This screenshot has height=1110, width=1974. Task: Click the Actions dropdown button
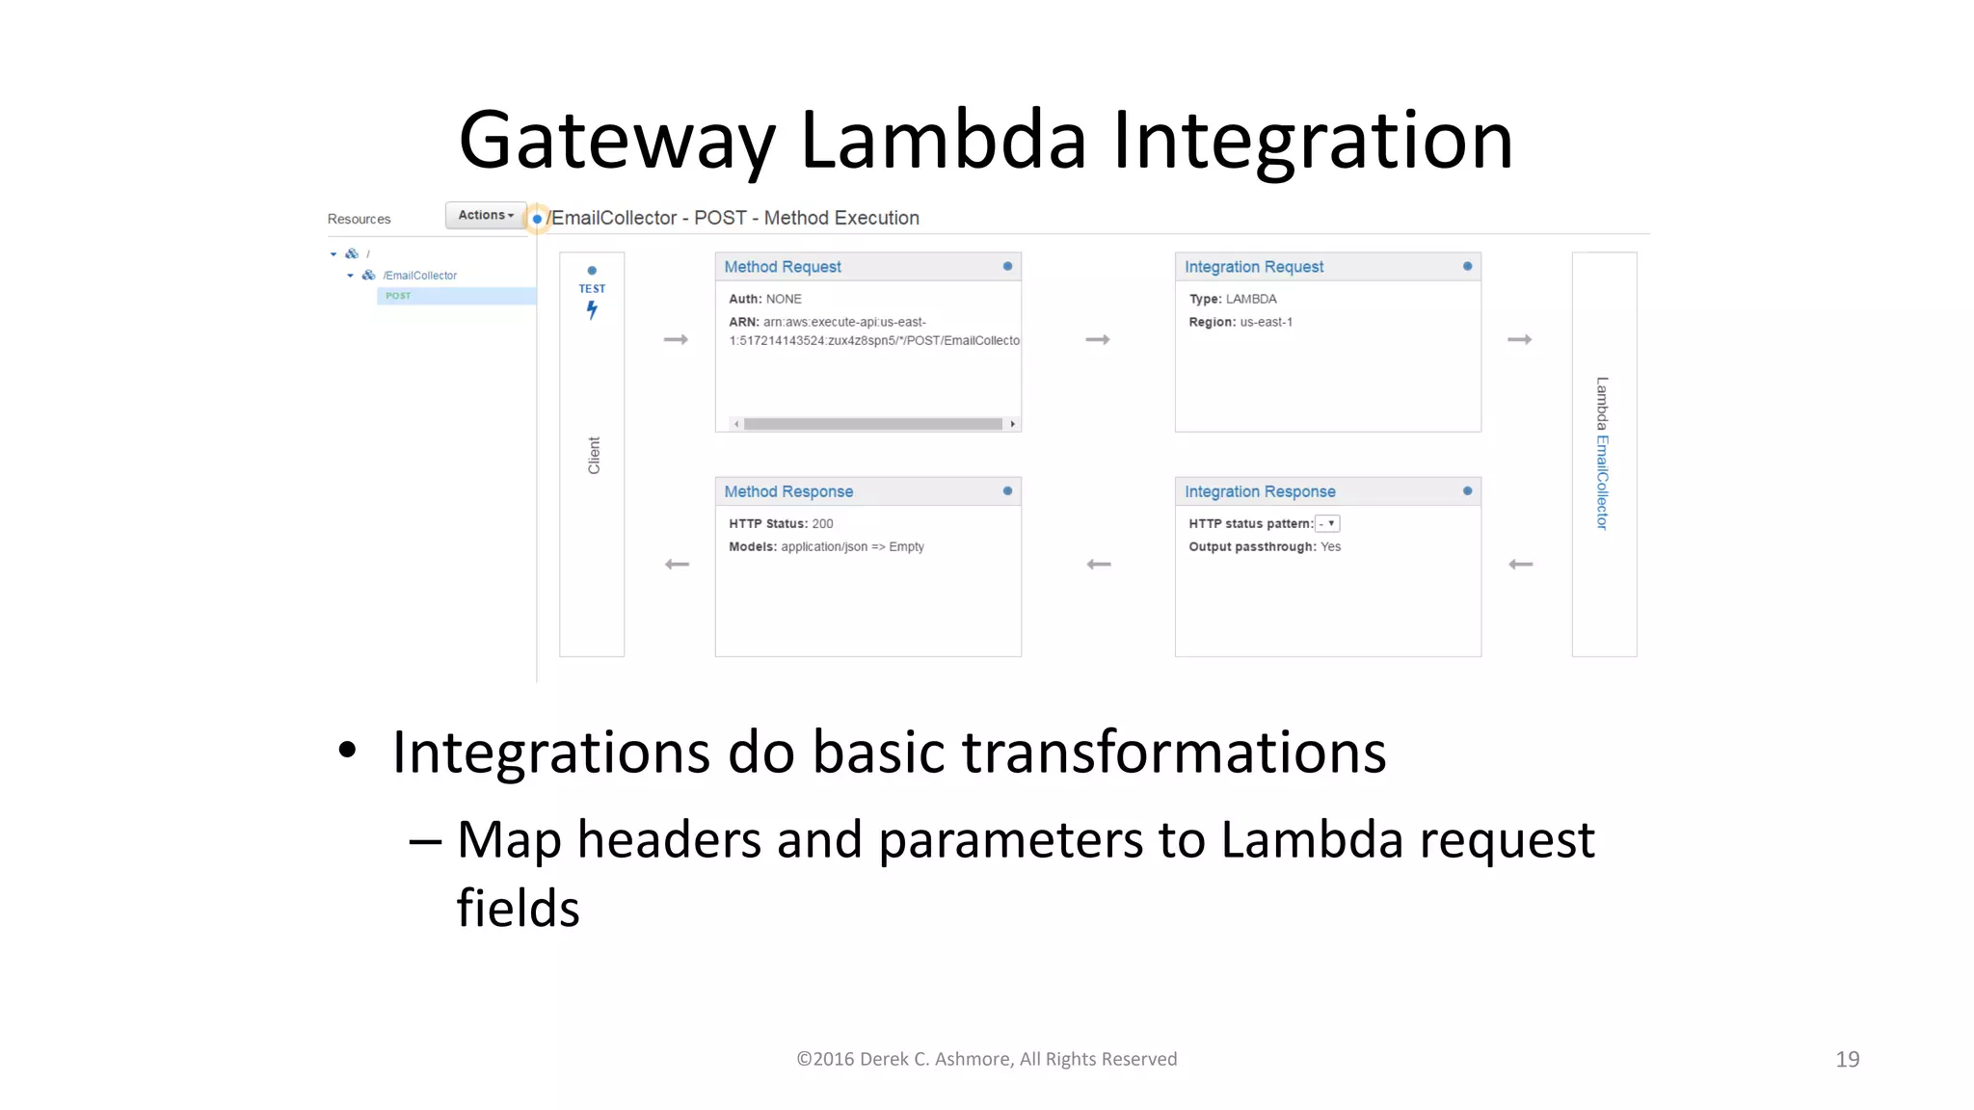(486, 215)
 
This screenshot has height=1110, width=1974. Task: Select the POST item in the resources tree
(398, 296)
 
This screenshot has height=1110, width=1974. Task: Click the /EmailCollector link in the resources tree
(419, 276)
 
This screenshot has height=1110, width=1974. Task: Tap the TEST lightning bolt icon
(592, 309)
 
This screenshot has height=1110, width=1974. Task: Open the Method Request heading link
(782, 267)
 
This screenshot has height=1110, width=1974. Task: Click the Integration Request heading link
(1253, 267)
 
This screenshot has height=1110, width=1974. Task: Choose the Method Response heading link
(787, 491)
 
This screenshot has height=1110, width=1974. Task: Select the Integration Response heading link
(1259, 491)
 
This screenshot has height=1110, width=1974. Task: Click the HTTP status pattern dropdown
(1328, 523)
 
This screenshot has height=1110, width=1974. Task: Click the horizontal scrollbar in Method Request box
(872, 424)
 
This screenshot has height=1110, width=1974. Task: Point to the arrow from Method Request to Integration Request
(1098, 339)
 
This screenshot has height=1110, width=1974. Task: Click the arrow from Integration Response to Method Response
(1099, 564)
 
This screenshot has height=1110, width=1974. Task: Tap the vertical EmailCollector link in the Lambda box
(1602, 482)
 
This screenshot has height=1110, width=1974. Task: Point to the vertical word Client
(594, 455)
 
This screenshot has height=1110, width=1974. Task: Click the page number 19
(1847, 1059)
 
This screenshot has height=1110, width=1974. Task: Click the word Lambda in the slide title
(943, 141)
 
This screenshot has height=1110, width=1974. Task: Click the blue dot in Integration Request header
(1467, 266)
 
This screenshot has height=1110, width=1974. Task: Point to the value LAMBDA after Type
(1251, 299)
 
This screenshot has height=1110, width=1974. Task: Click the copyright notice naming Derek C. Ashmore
(986, 1059)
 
